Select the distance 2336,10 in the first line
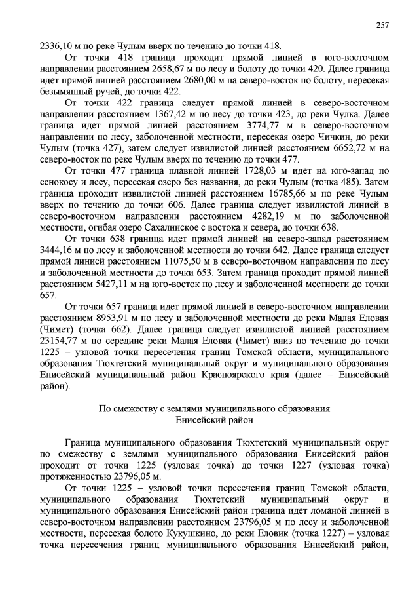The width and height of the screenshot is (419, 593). pos(57,46)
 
